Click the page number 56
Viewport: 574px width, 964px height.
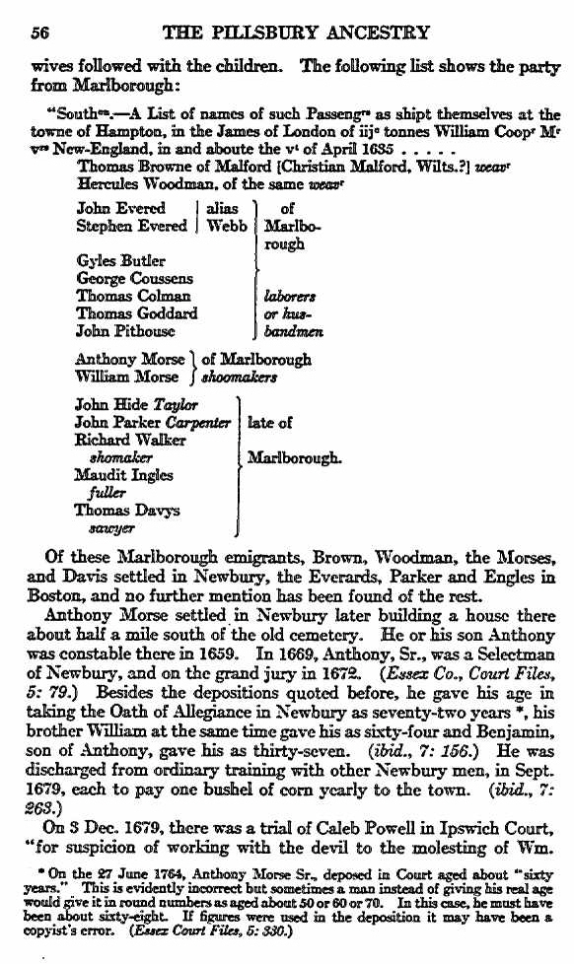click(40, 32)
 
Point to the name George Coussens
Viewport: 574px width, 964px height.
click(134, 279)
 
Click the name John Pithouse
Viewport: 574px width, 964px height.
click(126, 332)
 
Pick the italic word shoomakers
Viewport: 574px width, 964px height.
click(241, 377)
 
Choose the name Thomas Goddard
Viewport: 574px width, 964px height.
click(137, 313)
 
